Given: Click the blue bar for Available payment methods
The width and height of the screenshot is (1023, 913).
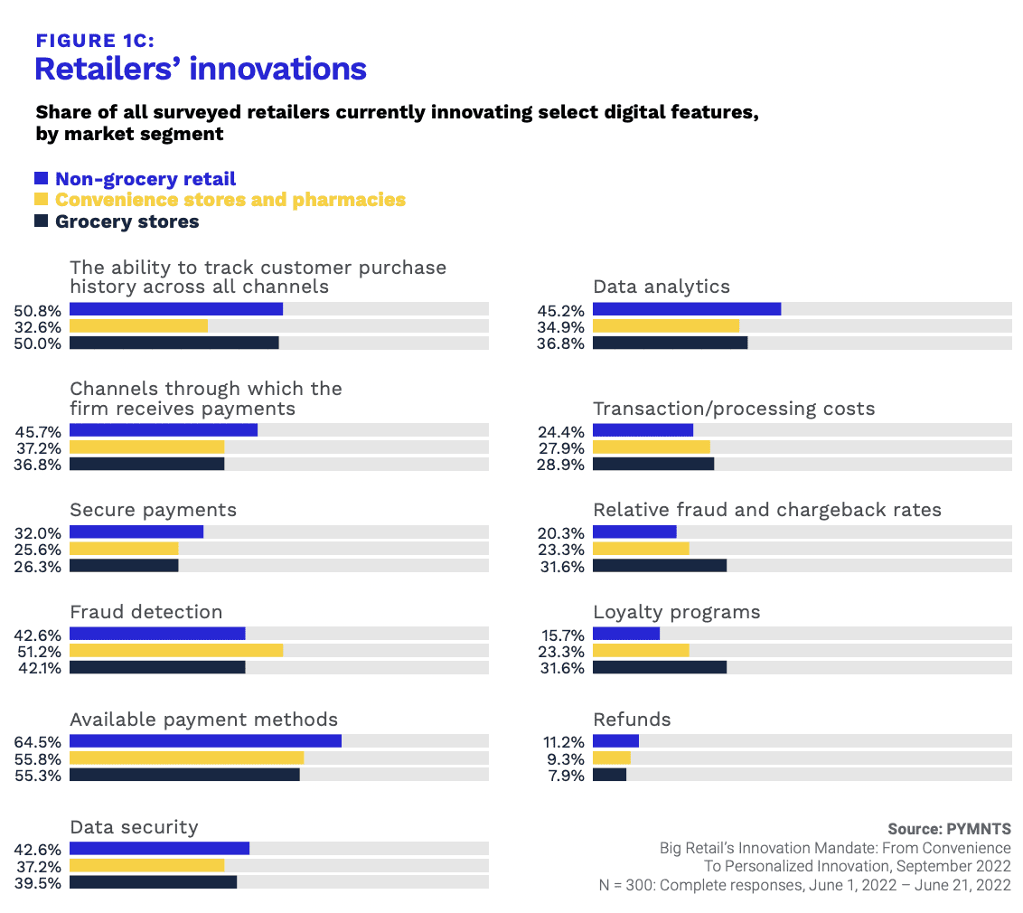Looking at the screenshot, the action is pos(205,740).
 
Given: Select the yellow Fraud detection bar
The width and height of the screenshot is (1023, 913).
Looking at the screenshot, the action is pos(176,650).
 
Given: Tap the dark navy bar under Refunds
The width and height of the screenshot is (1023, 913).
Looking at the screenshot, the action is pos(609,775).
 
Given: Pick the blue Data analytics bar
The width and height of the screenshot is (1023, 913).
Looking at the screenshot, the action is pos(687,308).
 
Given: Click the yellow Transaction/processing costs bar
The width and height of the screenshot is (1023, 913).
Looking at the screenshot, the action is pos(651,447).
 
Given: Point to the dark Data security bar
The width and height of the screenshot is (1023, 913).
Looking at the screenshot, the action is pos(154,881).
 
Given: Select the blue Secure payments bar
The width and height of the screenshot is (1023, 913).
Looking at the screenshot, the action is pos(136,532).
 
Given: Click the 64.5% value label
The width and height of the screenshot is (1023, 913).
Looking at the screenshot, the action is pos(38,742).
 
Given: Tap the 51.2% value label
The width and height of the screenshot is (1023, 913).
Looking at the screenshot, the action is pos(39,652).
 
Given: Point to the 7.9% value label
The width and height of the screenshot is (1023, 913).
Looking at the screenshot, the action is pos(567,776).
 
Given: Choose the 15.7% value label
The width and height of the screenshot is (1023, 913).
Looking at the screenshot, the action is pos(562,635).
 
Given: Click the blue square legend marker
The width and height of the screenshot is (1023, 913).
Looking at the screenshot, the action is pos(41,178).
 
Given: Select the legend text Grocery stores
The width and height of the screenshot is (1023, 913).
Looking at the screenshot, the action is pos(127,221).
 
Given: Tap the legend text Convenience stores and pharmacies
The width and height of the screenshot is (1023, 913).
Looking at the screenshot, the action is pos(230,200).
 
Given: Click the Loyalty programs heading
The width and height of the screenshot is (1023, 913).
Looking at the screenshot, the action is pos(677,612).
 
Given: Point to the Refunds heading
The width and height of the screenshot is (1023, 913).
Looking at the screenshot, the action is pos(633,720).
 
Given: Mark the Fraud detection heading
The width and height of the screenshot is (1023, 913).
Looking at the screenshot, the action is pos(146,611).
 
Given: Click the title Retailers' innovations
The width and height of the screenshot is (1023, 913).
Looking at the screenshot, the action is pos(201,69).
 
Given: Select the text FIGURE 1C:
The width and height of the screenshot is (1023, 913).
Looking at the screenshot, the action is pos(95,41).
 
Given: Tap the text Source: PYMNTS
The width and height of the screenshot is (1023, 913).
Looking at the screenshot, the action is pos(949,829).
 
